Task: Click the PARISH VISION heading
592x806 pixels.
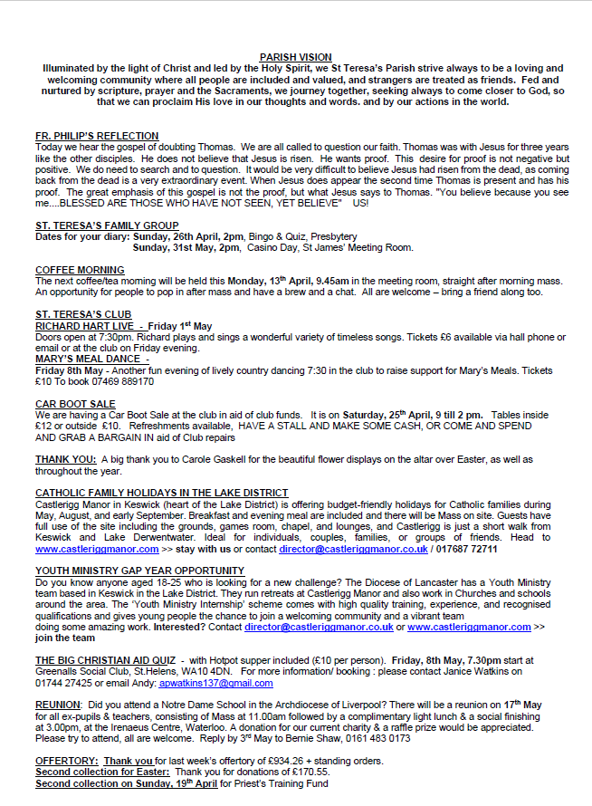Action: coord(295,57)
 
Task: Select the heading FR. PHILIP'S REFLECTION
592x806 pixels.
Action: coord(97,136)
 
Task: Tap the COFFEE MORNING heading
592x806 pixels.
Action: coord(80,270)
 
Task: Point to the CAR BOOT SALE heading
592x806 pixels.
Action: coord(75,404)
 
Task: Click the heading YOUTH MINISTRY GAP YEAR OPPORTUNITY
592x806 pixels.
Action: coord(139,571)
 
